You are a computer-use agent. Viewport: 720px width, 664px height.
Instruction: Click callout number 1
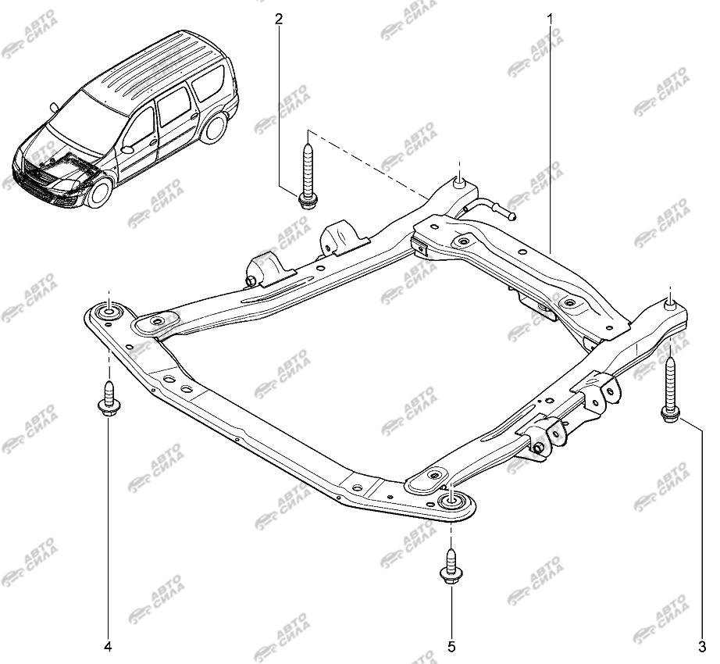(x=549, y=20)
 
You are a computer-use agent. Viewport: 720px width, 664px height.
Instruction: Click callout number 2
(x=278, y=20)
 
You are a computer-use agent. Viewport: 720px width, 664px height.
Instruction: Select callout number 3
(x=701, y=647)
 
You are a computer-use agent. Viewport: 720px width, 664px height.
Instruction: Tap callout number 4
(x=108, y=647)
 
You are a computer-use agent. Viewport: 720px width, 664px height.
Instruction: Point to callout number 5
(x=451, y=647)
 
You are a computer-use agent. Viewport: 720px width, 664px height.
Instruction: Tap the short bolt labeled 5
(x=451, y=567)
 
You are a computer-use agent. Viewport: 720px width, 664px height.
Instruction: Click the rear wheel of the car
(x=216, y=127)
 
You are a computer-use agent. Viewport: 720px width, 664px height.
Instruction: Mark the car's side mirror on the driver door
(x=127, y=149)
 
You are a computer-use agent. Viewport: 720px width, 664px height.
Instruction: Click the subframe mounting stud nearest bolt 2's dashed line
(x=460, y=181)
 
